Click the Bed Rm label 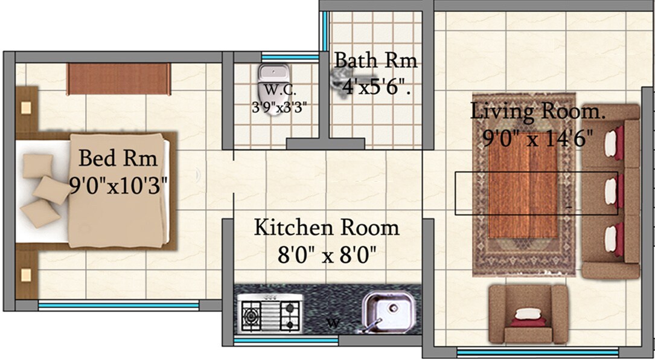118,159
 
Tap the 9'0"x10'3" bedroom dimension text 118,184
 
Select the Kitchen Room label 327,228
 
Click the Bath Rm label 375,61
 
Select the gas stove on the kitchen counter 271,313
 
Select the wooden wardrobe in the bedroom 118,79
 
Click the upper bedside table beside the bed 26,109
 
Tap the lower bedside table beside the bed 26,275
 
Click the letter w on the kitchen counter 332,323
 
